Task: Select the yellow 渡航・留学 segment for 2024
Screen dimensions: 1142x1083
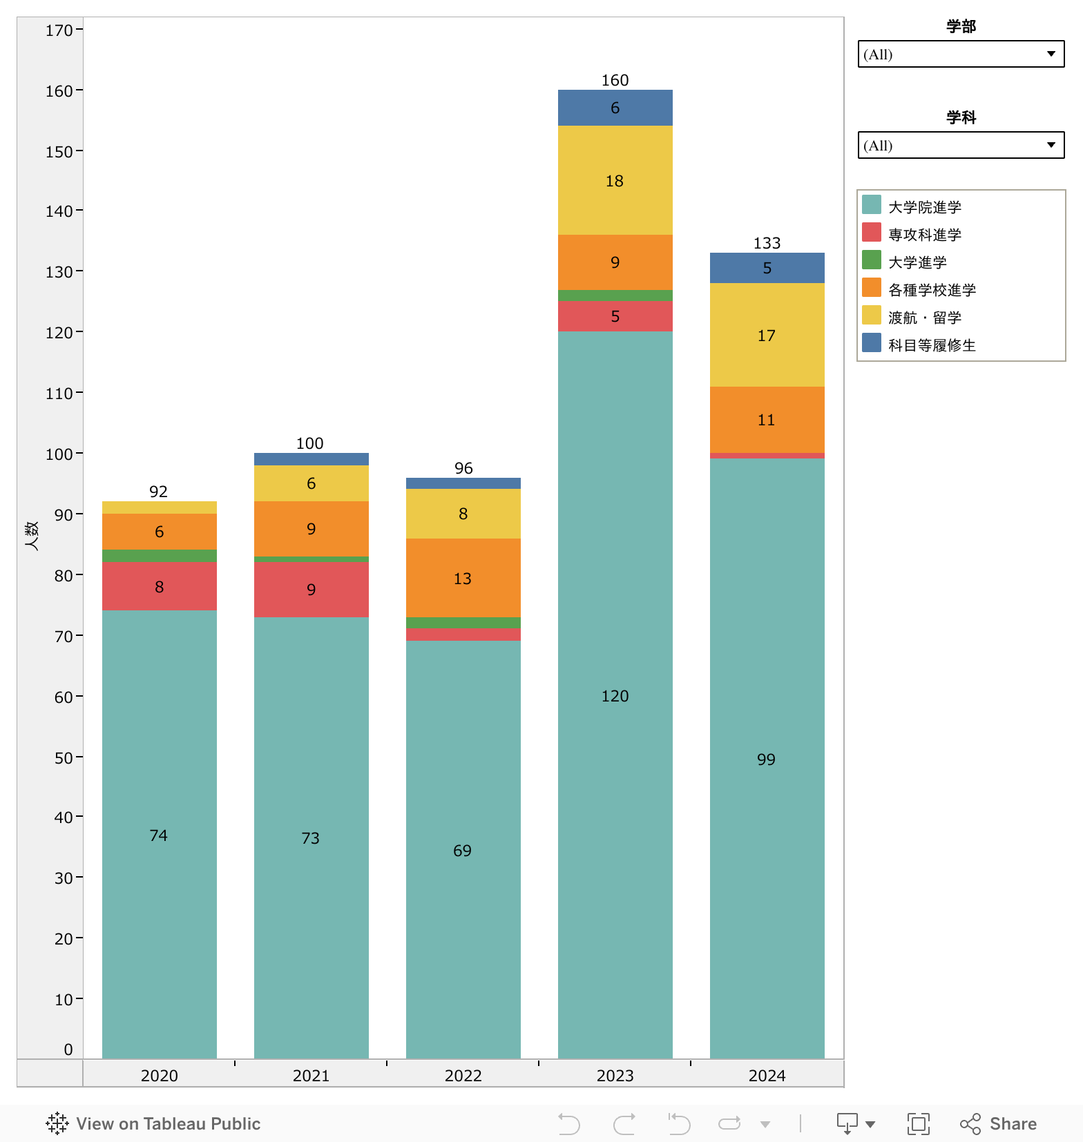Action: pos(767,335)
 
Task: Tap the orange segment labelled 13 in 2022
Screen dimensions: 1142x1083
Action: pos(463,578)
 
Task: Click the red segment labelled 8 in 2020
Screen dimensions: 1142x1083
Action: pos(159,586)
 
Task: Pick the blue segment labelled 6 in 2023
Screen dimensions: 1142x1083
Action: pos(615,108)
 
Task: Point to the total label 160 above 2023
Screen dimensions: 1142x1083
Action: pos(615,80)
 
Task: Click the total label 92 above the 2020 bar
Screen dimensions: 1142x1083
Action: pos(159,492)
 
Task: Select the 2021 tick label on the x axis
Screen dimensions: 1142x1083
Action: pos(311,1075)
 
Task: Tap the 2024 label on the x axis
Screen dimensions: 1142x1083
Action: pos(767,1075)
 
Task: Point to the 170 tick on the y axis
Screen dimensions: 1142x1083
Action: pos(59,30)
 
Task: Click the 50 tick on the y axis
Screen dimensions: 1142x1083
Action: pos(64,757)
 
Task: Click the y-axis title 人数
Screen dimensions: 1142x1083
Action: pos(32,535)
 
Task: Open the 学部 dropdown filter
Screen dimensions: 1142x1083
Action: pos(961,54)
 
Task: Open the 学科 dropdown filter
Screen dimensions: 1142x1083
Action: pos(961,145)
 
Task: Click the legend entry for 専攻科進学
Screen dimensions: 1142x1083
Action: pos(925,235)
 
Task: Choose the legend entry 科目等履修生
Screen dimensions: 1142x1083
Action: pos(932,345)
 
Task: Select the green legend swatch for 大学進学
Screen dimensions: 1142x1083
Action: pos(872,260)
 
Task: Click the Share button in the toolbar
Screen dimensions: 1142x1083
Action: pos(999,1123)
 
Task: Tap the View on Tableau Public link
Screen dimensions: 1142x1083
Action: pos(154,1123)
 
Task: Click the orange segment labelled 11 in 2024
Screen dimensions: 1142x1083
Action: pos(767,420)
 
